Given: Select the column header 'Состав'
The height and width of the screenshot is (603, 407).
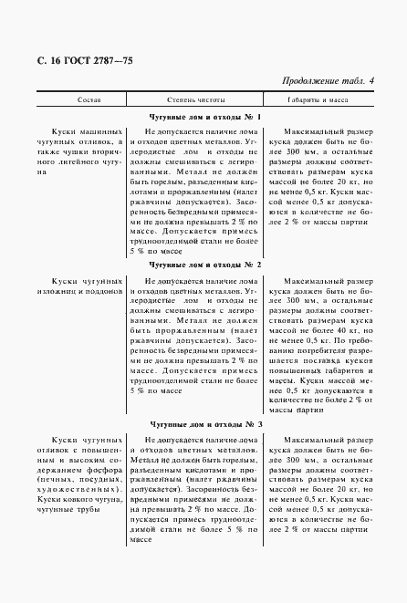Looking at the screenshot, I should tap(77, 98).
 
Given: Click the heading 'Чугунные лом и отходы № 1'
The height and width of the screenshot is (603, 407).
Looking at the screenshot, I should tap(203, 118).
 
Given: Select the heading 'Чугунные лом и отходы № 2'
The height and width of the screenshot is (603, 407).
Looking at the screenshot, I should tap(203, 265).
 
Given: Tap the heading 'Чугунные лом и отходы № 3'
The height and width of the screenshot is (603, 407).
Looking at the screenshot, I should tap(203, 424).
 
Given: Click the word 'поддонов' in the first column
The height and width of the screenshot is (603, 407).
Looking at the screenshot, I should tap(103, 294).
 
